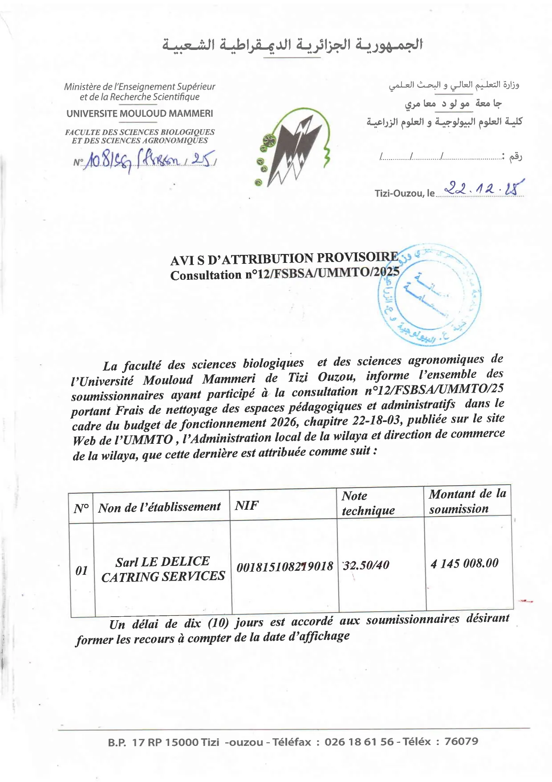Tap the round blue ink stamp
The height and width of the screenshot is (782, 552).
(x=430, y=295)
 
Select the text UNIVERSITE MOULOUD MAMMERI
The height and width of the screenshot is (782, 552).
(x=139, y=114)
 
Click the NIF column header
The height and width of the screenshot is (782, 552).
(x=247, y=505)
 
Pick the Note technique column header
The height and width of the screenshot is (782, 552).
(x=368, y=503)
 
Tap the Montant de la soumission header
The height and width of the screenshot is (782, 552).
(x=467, y=501)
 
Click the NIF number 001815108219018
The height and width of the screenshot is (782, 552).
(x=285, y=566)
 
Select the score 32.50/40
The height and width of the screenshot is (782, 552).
(x=366, y=565)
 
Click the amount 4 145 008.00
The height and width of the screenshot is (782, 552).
(x=464, y=563)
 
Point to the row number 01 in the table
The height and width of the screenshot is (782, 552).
(x=81, y=570)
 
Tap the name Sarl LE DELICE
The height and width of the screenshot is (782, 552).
(x=162, y=561)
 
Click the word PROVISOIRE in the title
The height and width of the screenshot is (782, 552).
(x=357, y=257)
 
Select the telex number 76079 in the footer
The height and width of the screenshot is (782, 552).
(x=461, y=741)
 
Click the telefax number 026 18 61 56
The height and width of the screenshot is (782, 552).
(x=359, y=741)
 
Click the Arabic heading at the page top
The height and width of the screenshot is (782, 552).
(x=292, y=45)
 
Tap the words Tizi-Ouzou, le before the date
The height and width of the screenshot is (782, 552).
(x=404, y=193)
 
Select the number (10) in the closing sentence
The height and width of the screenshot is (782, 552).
(x=218, y=622)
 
